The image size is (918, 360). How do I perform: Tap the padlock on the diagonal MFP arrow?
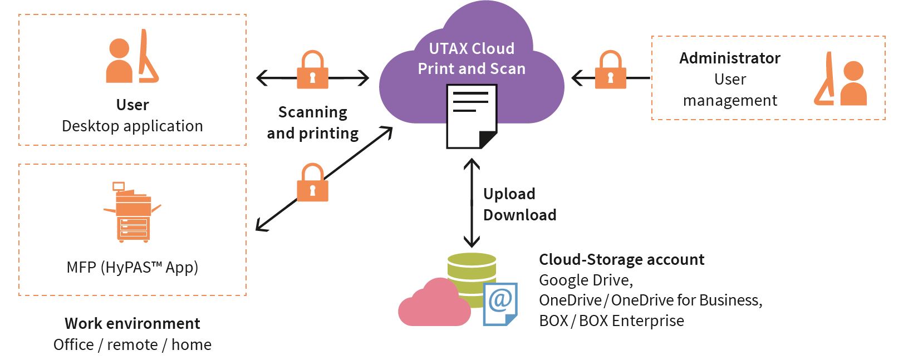tap(312, 183)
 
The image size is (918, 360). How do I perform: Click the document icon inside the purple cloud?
tap(472, 116)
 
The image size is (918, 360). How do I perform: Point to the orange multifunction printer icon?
tap(132, 212)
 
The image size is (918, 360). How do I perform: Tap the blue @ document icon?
tap(500, 304)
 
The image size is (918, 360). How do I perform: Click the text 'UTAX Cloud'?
tap(472, 49)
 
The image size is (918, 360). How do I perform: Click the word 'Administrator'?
tap(730, 58)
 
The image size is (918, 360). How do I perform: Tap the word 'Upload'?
tap(509, 194)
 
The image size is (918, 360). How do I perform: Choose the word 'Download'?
tap(519, 215)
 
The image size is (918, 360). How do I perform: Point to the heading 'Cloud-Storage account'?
tap(622, 260)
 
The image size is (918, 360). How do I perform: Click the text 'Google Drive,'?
tap(586, 280)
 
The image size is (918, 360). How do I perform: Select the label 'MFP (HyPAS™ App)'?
tap(132, 268)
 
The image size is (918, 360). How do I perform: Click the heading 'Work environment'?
tap(132, 323)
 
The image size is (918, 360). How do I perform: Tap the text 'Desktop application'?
tap(132, 126)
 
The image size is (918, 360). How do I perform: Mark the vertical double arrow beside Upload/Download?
tap(472, 203)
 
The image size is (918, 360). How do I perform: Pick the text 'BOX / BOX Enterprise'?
tap(611, 320)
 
